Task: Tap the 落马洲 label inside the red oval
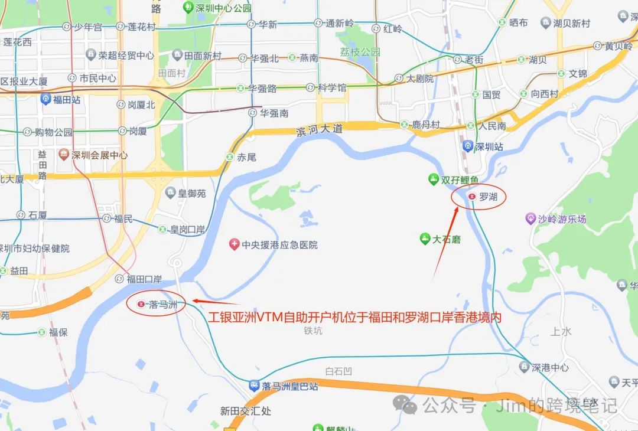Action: pyautogui.click(x=162, y=304)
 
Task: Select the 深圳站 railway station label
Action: pyautogui.click(x=490, y=146)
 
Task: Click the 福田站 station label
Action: pyautogui.click(x=66, y=100)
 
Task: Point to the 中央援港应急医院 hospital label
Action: pyautogui.click(x=279, y=244)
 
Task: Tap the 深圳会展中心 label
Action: pyautogui.click(x=99, y=155)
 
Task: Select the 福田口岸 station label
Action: pyautogui.click(x=144, y=279)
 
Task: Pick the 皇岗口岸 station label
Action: pyautogui.click(x=187, y=229)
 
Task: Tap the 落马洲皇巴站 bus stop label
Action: pyautogui.click(x=290, y=386)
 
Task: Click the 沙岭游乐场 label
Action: pyautogui.click(x=562, y=219)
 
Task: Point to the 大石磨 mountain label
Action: pyautogui.click(x=446, y=239)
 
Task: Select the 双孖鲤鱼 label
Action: pyautogui.click(x=460, y=179)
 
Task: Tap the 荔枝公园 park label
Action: pyautogui.click(x=360, y=52)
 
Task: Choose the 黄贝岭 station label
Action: pyautogui.click(x=619, y=45)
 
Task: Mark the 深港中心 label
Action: pyautogui.click(x=550, y=367)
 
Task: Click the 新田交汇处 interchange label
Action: pyautogui.click(x=245, y=411)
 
